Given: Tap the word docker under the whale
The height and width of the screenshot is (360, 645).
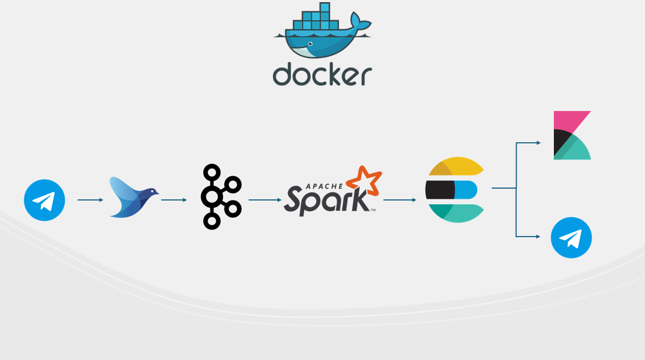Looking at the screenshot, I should point(322,75).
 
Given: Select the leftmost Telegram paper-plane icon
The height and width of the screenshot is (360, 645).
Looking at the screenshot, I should point(44,200).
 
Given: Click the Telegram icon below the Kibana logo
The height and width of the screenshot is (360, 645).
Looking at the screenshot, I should point(571,238).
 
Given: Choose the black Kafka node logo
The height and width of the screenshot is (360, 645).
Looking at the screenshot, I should point(220,197).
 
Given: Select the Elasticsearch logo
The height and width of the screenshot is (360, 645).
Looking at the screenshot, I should point(456,190).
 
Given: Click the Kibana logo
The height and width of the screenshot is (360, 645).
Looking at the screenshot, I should point(572,135).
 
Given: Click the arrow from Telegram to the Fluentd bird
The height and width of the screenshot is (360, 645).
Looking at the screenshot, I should point(90,200).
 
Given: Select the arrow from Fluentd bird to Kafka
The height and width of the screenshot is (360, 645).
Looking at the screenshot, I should point(174,200).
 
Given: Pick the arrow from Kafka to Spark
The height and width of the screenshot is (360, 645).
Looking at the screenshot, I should point(265,200).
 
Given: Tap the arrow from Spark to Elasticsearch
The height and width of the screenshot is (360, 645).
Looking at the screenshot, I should point(400,200).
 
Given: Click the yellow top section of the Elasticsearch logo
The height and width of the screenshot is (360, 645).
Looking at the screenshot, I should point(458,166).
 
